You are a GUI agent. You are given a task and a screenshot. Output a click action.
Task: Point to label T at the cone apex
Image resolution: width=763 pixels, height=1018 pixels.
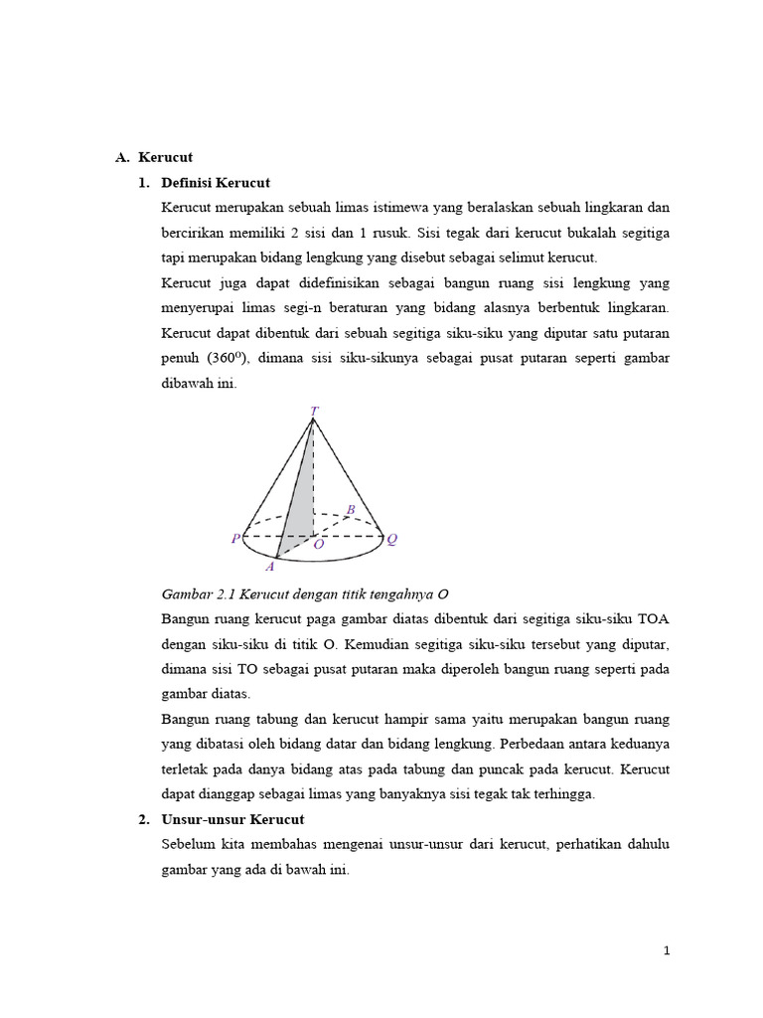(x=314, y=410)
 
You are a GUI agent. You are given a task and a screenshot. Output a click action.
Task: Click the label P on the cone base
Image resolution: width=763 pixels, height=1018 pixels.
(x=235, y=539)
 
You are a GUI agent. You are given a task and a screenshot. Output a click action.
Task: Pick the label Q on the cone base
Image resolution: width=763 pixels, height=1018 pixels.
(x=392, y=539)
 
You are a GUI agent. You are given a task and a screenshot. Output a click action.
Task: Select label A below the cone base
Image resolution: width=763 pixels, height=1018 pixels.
(x=269, y=567)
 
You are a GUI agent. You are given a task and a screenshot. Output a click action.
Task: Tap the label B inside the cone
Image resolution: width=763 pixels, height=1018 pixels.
(x=350, y=510)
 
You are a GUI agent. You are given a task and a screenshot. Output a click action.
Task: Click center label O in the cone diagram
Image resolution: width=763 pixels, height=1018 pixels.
(x=318, y=545)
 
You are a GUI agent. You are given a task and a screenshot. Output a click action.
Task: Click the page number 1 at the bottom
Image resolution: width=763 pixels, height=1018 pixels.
(x=668, y=950)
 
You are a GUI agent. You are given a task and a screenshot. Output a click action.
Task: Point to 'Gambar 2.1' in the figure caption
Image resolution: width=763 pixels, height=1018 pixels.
(x=195, y=594)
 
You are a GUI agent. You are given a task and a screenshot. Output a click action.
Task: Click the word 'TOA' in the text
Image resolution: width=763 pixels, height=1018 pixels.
(x=654, y=618)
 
